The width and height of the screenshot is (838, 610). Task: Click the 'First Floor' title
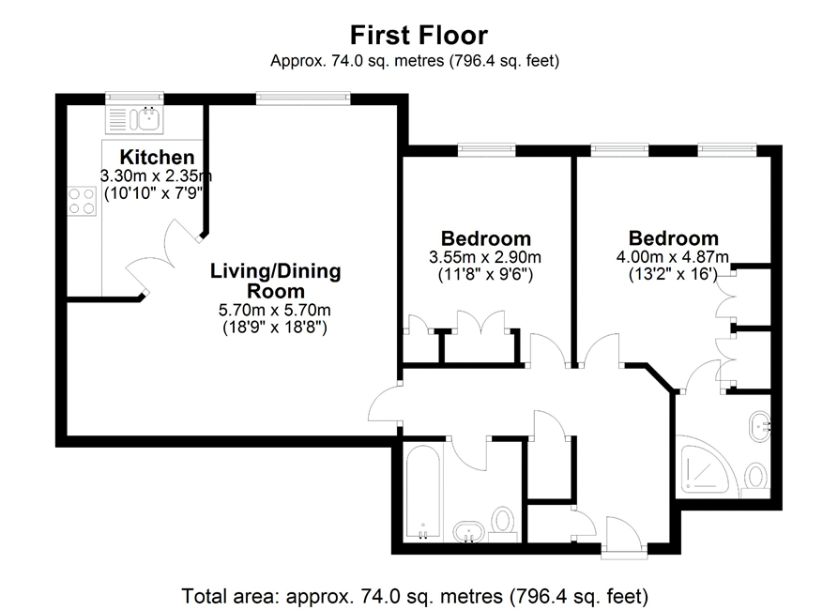click(x=419, y=36)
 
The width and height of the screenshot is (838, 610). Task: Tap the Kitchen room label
click(x=157, y=157)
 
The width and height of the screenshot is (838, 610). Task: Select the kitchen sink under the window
click(x=135, y=119)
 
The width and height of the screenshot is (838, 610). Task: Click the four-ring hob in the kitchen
click(x=82, y=201)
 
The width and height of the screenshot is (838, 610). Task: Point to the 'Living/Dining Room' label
click(x=275, y=281)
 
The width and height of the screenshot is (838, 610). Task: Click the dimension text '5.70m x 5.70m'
click(x=275, y=310)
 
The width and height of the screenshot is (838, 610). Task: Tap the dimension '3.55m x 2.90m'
click(x=485, y=257)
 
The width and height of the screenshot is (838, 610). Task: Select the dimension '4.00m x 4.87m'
click(x=672, y=257)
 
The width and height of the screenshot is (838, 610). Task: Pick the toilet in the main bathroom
click(x=502, y=522)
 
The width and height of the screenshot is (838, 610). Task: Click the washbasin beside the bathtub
click(x=469, y=531)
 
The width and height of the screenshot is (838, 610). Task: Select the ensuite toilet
click(x=754, y=479)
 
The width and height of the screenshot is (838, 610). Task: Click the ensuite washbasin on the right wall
click(x=759, y=426)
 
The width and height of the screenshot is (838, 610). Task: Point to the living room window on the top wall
click(x=303, y=99)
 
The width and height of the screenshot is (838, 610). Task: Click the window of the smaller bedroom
click(x=486, y=150)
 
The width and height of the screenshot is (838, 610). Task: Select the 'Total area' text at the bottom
click(x=415, y=596)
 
